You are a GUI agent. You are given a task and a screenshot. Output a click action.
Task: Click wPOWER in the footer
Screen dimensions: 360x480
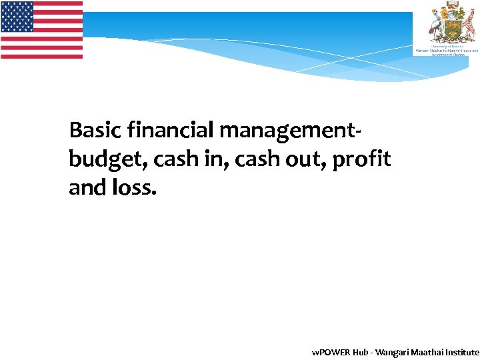pos(327,352)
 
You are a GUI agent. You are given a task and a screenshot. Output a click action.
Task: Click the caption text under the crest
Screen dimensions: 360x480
pos(446,50)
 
